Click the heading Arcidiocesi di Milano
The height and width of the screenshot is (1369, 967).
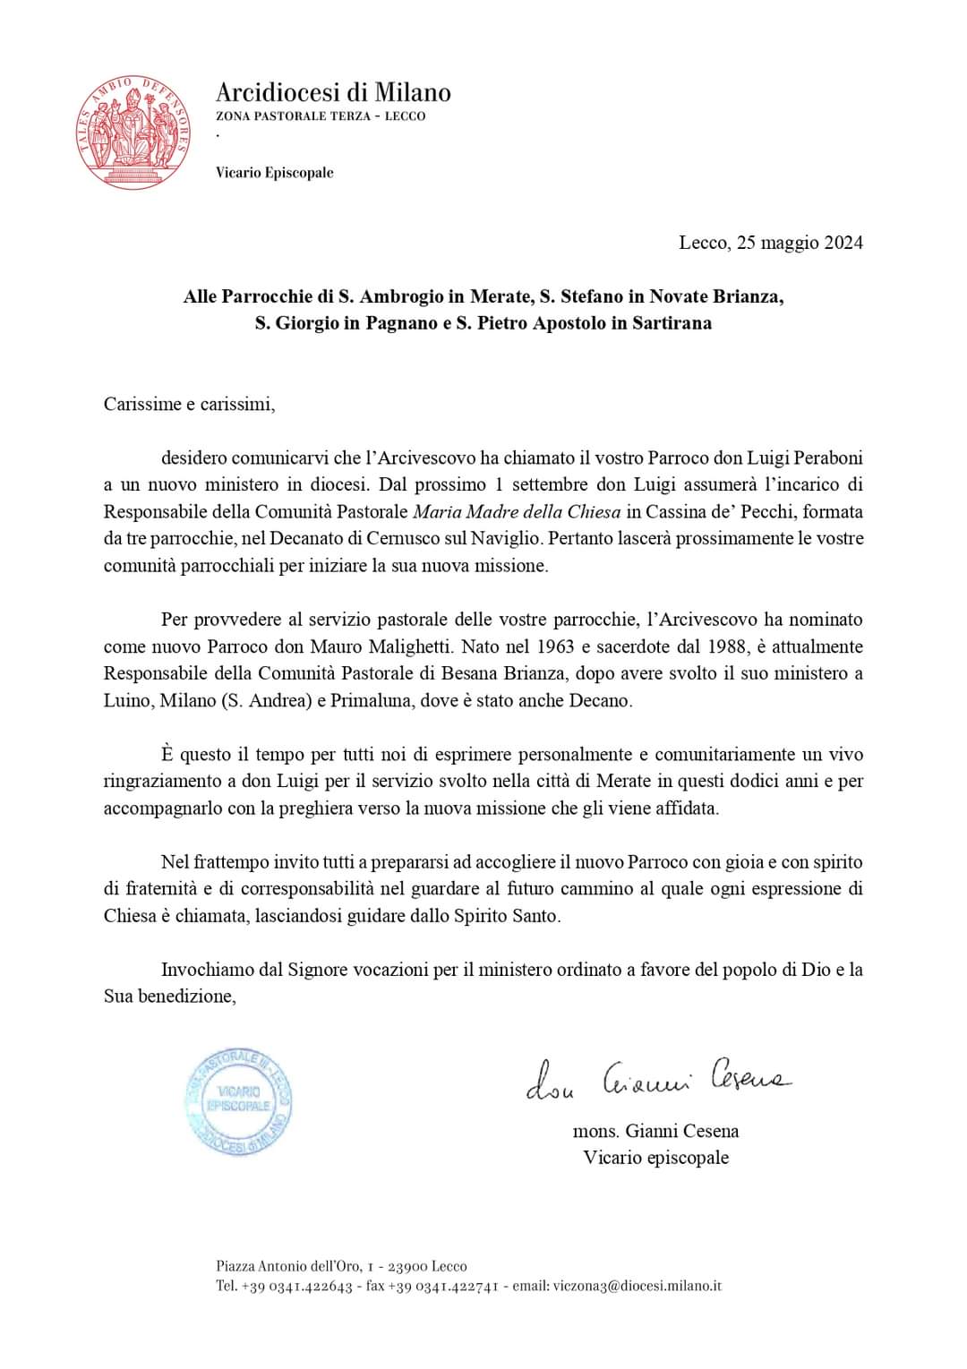tap(333, 92)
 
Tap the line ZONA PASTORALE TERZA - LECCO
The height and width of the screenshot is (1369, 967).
tap(321, 116)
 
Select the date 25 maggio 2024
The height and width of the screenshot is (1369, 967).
tap(800, 243)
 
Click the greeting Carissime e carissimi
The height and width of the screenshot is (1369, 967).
tap(189, 404)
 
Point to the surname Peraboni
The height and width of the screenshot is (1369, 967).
tap(824, 458)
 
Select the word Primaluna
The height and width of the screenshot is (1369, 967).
tap(364, 700)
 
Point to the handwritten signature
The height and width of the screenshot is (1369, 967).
tap(658, 1079)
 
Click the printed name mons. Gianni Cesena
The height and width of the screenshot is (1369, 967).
tap(655, 1131)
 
